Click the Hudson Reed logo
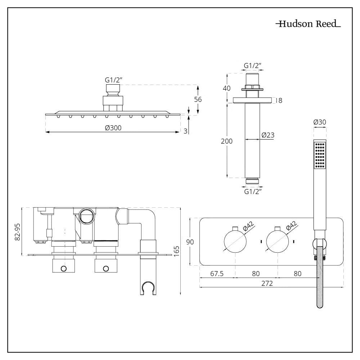pos(308,24)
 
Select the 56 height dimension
pos(198,100)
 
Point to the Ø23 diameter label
pos(268,135)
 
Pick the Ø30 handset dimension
pos(320,122)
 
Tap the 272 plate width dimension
pos(267,283)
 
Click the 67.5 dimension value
pos(217,274)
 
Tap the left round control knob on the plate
pos(235,241)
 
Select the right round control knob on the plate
pos(277,241)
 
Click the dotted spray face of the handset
pos(320,155)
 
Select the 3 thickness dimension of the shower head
pos(185,131)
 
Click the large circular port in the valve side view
pos(86,216)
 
